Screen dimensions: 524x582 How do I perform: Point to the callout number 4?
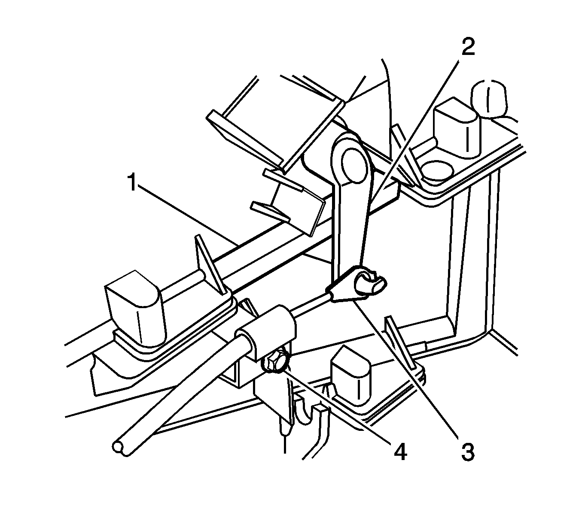pyautogui.click(x=399, y=452)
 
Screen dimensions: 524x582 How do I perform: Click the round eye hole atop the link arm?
pyautogui.click(x=354, y=161)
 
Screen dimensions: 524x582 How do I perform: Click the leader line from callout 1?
pyautogui.click(x=185, y=212)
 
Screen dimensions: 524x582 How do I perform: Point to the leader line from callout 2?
pyautogui.click(x=412, y=129)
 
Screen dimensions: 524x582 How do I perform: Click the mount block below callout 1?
pyautogui.click(x=135, y=309)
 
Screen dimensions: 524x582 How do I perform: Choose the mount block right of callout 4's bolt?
pyautogui.click(x=350, y=373)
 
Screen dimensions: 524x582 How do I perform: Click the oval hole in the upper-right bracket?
pyautogui.click(x=437, y=171)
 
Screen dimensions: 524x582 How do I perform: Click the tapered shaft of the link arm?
pyautogui.click(x=349, y=223)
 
